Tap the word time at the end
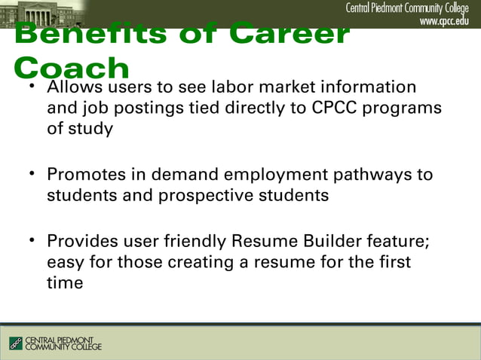(x=65, y=283)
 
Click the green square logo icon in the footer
(x=16, y=343)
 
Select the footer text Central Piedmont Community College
(x=64, y=343)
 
